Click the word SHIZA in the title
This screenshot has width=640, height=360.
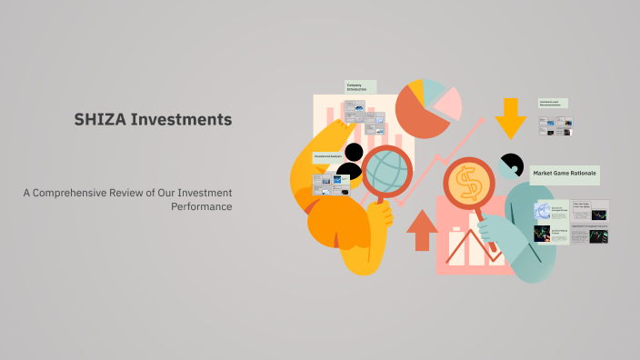click(x=99, y=119)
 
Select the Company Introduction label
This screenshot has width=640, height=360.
click(x=357, y=87)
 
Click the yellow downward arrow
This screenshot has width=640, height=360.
click(x=511, y=116)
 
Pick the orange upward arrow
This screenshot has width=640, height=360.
click(x=422, y=229)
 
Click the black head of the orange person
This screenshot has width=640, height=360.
click(x=350, y=155)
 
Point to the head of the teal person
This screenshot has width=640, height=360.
click(x=511, y=166)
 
